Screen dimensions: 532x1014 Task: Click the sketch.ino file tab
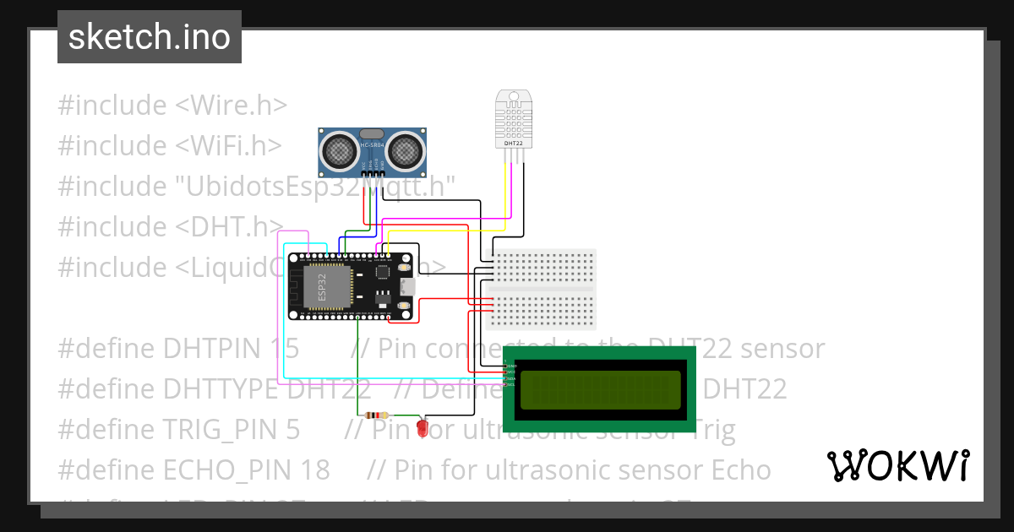pyautogui.click(x=149, y=37)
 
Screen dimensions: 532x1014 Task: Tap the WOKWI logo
pyautogui.click(x=897, y=465)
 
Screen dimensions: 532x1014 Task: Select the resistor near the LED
pyautogui.click(x=375, y=415)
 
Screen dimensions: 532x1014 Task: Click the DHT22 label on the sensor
pyautogui.click(x=513, y=144)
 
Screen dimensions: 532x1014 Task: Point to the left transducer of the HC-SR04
pyautogui.click(x=338, y=151)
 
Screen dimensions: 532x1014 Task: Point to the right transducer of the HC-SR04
pyautogui.click(x=406, y=151)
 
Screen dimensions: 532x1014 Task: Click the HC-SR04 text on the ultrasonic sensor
pyautogui.click(x=372, y=146)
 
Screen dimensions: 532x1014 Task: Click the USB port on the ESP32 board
pyautogui.click(x=409, y=287)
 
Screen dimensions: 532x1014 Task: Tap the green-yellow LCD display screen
pyautogui.click(x=600, y=389)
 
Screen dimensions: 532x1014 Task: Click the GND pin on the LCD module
pyautogui.click(x=510, y=366)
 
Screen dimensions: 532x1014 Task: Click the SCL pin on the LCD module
pyautogui.click(x=510, y=385)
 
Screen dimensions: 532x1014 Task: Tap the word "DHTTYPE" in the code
pyautogui.click(x=224, y=389)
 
